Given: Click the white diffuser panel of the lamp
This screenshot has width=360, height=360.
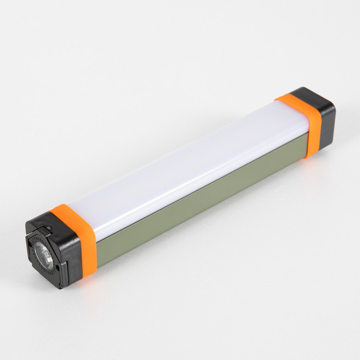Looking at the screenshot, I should tap(181, 159).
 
